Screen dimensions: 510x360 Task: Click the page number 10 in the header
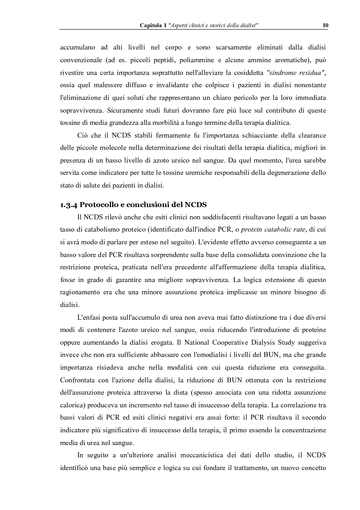[x=325, y=25]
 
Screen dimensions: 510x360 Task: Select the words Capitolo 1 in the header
[x=153, y=25]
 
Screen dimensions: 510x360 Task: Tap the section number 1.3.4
[x=71, y=204]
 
